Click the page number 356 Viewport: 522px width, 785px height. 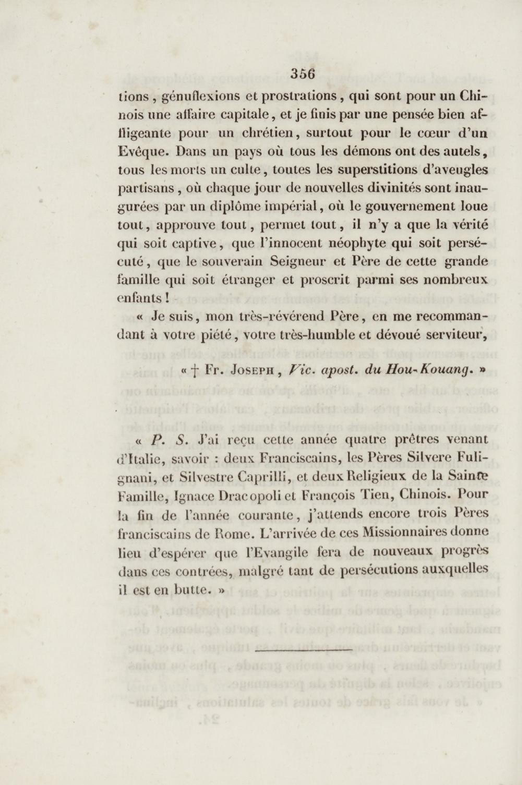[302, 75]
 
